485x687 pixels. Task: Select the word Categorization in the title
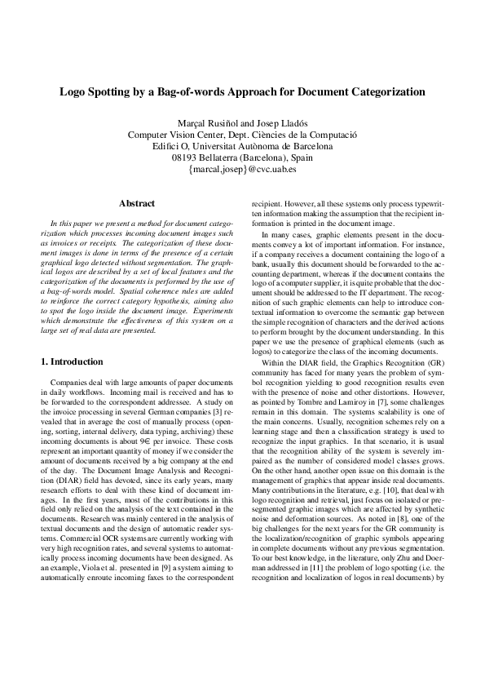pyautogui.click(x=388, y=92)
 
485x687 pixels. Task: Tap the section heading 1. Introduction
pyautogui.click(x=72, y=361)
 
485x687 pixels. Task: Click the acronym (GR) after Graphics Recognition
pyautogui.click(x=432, y=361)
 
